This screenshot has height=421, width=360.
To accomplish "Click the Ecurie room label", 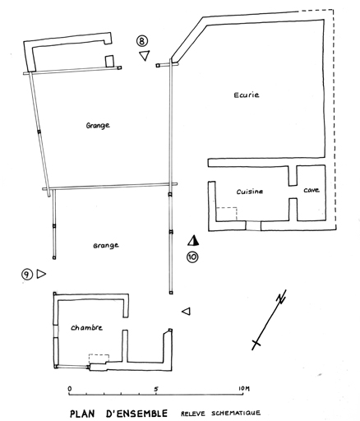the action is click(247, 95).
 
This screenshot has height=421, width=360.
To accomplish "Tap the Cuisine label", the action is click(250, 192).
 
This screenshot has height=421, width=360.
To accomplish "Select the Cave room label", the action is click(312, 190).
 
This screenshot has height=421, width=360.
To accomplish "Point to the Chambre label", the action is click(86, 327).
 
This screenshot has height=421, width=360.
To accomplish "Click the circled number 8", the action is click(142, 41).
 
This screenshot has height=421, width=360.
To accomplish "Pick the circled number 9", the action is click(27, 274).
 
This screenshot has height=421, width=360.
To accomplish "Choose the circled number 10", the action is click(192, 257).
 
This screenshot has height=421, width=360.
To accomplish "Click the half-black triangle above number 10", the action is click(193, 240).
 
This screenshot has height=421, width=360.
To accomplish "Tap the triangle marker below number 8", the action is click(145, 55).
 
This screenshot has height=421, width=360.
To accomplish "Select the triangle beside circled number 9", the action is click(41, 274).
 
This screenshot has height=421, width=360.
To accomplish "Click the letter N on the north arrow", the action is click(281, 297).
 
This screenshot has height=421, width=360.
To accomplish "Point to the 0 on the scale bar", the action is click(70, 389).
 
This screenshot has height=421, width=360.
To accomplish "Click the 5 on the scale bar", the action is click(156, 389).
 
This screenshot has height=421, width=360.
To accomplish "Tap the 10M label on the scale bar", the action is click(244, 388).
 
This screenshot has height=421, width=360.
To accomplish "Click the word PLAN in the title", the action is click(84, 413).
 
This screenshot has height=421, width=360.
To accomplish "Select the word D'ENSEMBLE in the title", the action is click(136, 413).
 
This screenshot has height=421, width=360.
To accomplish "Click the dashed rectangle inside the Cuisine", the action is click(227, 214).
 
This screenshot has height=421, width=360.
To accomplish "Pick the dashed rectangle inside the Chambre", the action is click(99, 359).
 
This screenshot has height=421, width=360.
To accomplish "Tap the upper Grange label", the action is click(98, 126).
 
